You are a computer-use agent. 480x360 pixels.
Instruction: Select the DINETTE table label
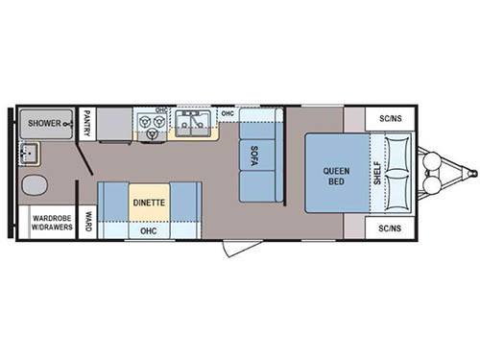pos(149,203)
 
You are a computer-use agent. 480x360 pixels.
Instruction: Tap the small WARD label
pos(87,222)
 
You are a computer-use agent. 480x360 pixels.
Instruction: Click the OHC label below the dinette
pos(149,230)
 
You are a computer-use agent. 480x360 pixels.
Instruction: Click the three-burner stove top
pos(151,125)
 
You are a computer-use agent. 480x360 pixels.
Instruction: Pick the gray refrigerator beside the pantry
pos(114,124)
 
